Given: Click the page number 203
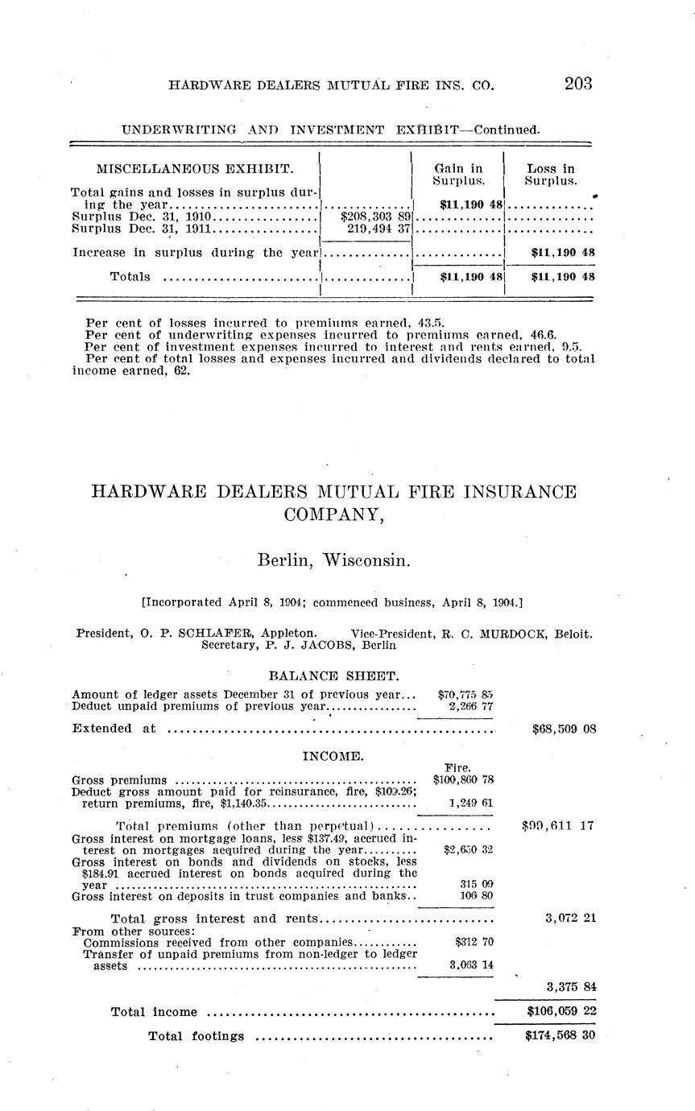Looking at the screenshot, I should pos(578,84).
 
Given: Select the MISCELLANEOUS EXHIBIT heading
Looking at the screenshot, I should pos(195,169).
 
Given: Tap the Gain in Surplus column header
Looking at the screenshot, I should pos(458,175).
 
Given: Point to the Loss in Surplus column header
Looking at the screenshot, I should pos(551,175).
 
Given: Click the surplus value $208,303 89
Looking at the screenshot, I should pos(376,217).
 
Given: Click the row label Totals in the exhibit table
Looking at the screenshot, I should pos(130,276).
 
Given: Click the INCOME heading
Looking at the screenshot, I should pos(333,756).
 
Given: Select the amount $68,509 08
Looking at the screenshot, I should pos(564,729).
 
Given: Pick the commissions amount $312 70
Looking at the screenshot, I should pos(475,941).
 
